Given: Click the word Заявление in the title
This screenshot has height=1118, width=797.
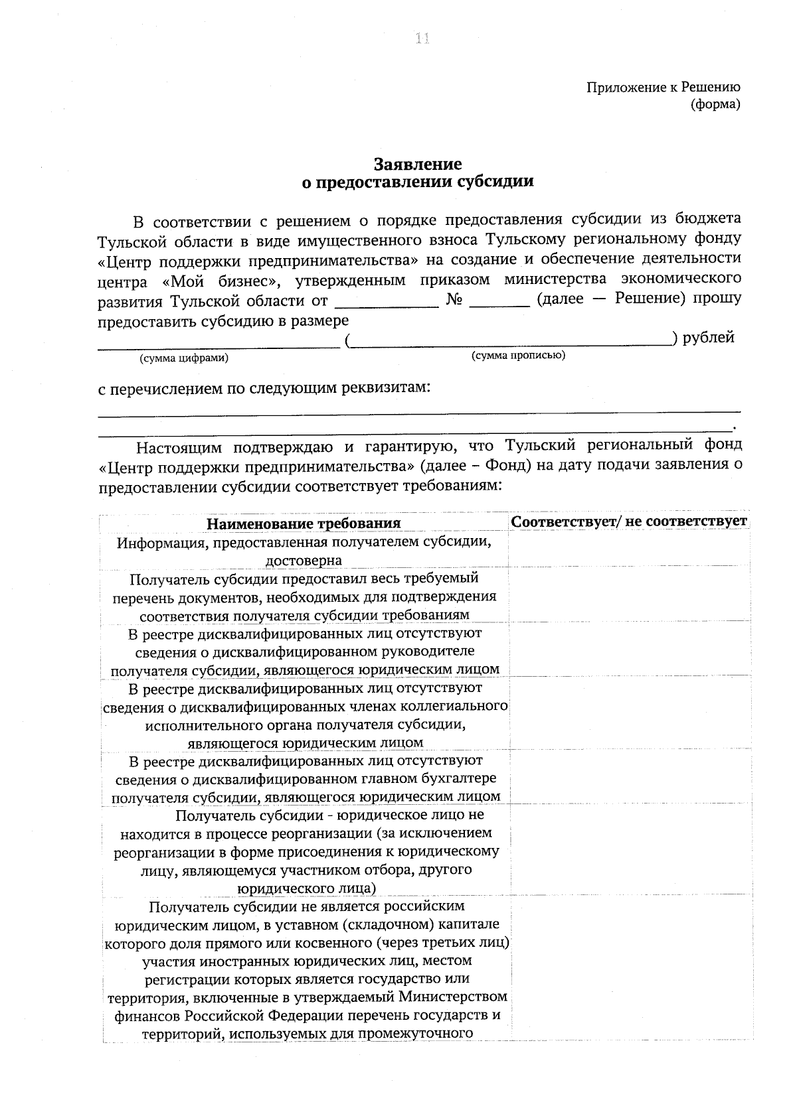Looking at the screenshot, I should click(417, 164).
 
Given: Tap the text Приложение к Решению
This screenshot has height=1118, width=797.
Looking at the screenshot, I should click(663, 87).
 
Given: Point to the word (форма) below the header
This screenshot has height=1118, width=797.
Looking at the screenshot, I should click(715, 104).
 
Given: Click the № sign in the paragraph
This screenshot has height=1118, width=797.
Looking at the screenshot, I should click(454, 299).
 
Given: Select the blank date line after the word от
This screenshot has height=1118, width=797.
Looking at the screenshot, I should click(387, 302).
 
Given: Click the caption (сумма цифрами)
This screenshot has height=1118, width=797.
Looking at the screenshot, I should click(183, 358).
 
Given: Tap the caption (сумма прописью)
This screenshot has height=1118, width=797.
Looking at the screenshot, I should click(518, 356).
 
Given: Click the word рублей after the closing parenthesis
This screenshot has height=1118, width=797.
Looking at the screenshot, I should click(708, 338).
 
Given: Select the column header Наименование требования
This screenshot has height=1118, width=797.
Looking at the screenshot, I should click(304, 523).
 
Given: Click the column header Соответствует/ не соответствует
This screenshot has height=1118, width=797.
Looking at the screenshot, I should click(629, 521).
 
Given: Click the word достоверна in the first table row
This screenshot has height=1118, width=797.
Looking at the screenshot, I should click(304, 560).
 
